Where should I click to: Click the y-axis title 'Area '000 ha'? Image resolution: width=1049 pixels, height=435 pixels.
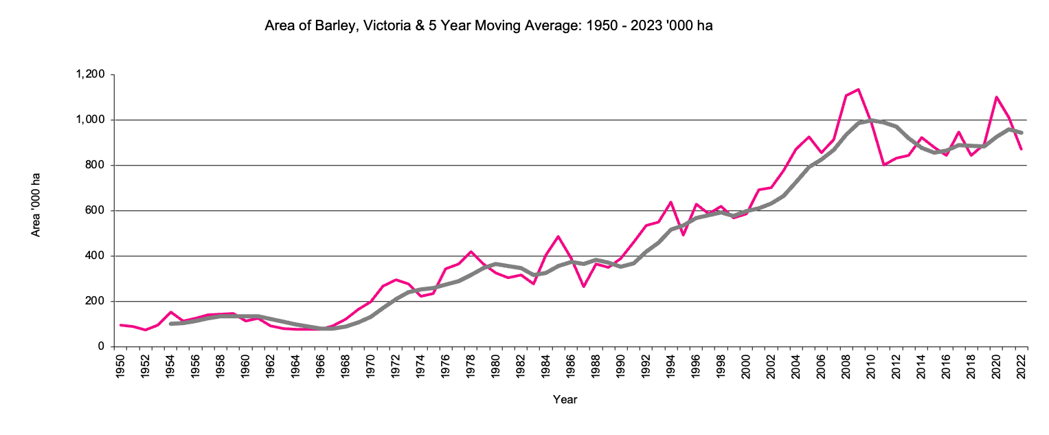tap(36, 210)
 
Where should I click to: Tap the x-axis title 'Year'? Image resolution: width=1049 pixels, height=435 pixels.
tap(565, 399)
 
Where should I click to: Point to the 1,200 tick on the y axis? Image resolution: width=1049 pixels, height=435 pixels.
tap(90, 74)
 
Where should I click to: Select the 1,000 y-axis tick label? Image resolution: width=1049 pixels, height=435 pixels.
tap(90, 120)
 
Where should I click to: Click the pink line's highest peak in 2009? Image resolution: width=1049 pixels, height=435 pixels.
tap(859, 89)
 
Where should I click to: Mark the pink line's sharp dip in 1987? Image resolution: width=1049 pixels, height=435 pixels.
tap(583, 287)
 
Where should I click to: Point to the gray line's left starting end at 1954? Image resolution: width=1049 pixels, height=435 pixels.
tap(170, 323)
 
